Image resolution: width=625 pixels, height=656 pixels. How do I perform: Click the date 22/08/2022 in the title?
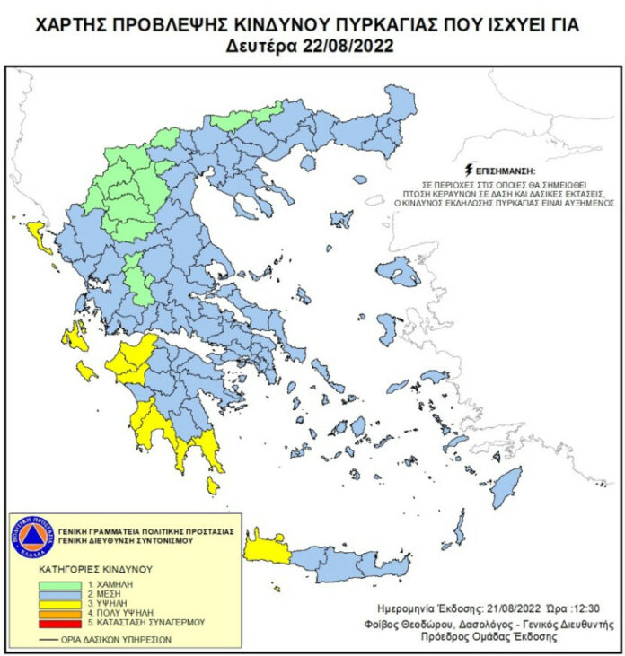pyautogui.click(x=350, y=46)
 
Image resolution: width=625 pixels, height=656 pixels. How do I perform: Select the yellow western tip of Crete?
pyautogui.click(x=268, y=547)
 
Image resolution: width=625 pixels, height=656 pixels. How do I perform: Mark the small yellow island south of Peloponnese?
pyautogui.click(x=213, y=485)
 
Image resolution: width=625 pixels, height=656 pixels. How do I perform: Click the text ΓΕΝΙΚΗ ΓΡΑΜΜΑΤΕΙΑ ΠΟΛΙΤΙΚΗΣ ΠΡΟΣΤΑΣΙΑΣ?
pyautogui.click(x=145, y=531)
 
